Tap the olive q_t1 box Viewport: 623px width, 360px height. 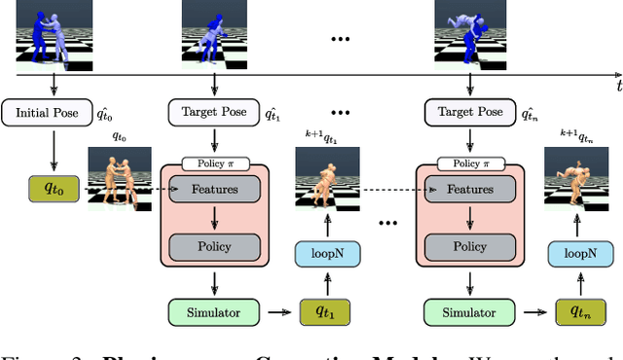pyautogui.click(x=320, y=312)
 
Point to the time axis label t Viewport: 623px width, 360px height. pyautogui.click(x=617, y=87)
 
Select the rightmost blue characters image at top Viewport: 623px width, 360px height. pyautogui.click(x=458, y=31)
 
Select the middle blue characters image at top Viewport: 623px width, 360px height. pyautogui.click(x=204, y=31)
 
